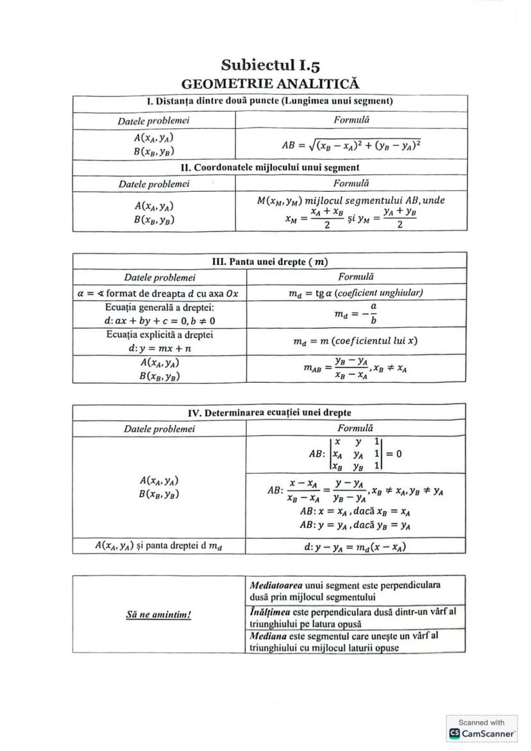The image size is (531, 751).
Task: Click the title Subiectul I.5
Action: coord(270,65)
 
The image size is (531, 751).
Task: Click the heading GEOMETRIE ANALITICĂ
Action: coord(270,84)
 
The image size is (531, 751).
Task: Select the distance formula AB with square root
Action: coord(351,145)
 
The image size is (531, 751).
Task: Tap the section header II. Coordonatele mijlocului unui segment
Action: coord(270,167)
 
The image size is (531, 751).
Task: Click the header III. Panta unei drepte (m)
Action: coord(269,261)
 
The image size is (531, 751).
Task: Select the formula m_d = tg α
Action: coord(356,292)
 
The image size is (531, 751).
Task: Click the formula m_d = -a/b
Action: coord(356,314)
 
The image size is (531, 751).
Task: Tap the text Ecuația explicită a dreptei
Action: coord(159,335)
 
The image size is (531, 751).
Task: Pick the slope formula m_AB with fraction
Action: coord(356,369)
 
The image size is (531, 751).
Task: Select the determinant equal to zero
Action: coord(356,454)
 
